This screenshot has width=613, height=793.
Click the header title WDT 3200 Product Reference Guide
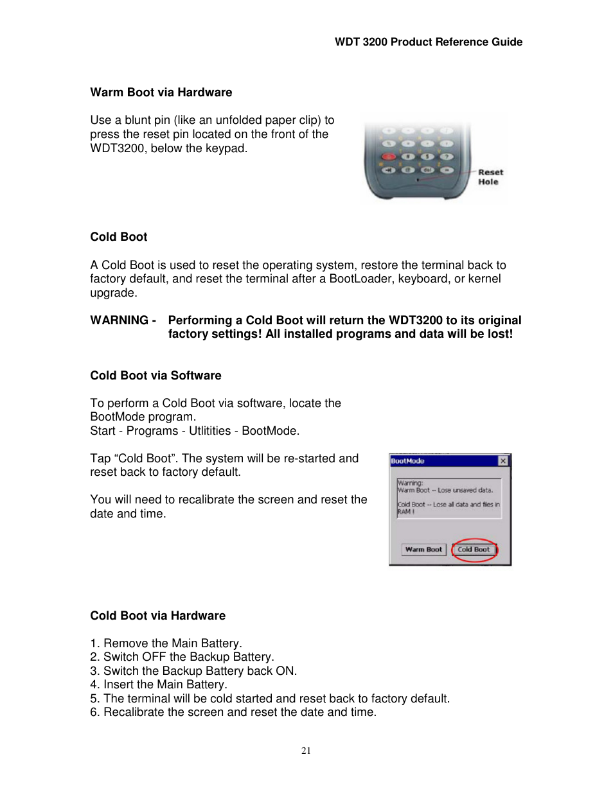coord(428,42)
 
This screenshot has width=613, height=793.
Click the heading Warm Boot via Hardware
coord(161,92)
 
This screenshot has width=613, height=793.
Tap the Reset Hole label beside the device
coord(490,177)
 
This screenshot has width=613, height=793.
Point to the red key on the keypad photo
coord(389,157)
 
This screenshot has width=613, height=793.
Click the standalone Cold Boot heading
coord(118,237)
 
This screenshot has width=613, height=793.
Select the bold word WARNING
coord(119,320)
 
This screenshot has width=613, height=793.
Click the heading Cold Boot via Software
coord(155,376)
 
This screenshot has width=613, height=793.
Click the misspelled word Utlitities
coord(209,431)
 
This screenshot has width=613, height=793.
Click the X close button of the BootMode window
coord(503,461)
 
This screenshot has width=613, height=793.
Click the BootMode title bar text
coord(407,461)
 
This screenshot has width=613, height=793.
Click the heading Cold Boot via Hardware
coord(157,616)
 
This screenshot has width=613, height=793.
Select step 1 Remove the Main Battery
coord(166,643)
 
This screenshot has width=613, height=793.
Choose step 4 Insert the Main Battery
coord(159,684)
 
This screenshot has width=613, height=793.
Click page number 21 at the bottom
coord(306,751)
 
